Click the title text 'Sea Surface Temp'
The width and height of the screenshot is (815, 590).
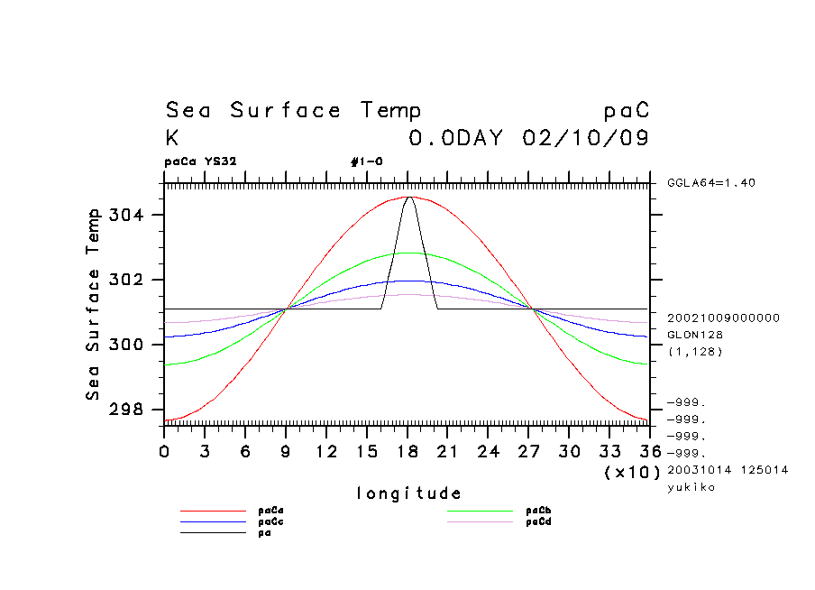293,111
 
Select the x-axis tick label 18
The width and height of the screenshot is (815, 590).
407,450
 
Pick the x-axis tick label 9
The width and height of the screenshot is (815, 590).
286,450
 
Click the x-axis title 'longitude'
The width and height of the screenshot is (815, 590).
408,493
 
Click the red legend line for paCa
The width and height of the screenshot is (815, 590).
213,511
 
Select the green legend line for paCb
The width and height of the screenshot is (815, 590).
481,511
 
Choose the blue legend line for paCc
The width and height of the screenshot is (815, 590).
213,521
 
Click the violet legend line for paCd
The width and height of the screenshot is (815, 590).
481,521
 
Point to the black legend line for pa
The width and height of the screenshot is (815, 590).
213,532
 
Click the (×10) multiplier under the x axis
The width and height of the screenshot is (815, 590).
631,472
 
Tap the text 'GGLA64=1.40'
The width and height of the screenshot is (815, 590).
711,183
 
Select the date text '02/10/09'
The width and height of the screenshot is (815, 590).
586,139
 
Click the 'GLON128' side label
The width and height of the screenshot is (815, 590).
690,335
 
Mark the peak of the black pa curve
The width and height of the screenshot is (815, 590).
408,197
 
